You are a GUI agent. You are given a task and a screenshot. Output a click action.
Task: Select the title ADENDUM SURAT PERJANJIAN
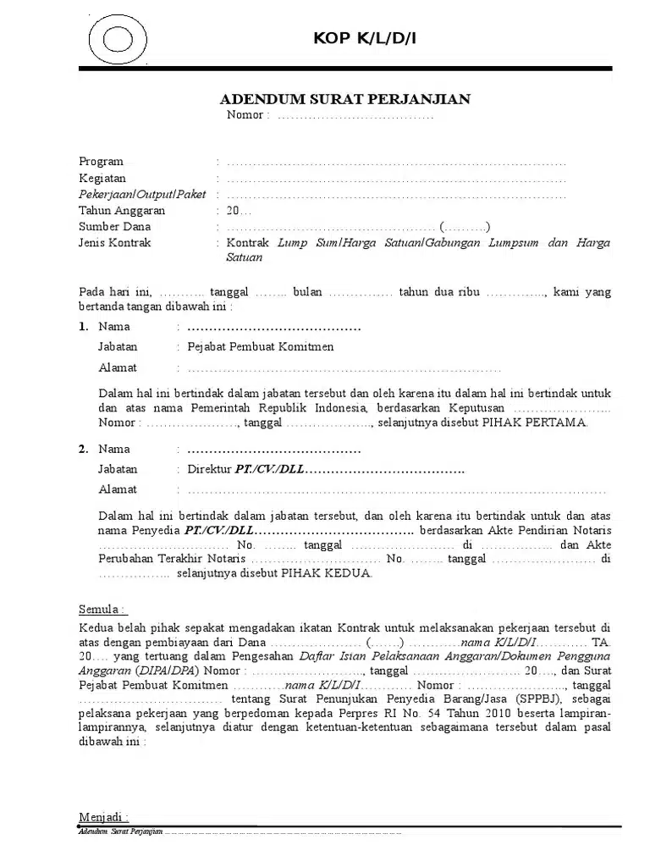click(x=345, y=100)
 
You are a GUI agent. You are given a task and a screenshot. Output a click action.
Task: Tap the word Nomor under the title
click(x=246, y=115)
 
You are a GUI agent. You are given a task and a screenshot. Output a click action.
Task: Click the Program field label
click(x=101, y=162)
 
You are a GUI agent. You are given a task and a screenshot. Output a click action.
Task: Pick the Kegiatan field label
click(x=102, y=178)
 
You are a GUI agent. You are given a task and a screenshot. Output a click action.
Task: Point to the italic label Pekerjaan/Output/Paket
click(x=136, y=194)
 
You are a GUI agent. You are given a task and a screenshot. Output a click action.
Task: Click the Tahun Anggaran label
click(x=122, y=211)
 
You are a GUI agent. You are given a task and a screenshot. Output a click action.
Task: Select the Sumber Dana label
click(x=114, y=227)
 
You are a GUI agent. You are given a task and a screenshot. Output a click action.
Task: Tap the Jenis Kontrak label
click(x=115, y=243)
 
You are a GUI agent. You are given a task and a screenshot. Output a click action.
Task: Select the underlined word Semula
click(x=102, y=610)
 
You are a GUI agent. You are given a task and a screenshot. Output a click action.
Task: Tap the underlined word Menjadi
click(x=103, y=816)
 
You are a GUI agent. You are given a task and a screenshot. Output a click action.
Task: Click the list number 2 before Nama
click(x=83, y=450)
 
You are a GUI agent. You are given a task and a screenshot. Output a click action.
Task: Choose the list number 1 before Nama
click(x=83, y=327)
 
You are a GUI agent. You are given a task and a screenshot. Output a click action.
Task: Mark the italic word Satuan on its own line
click(x=245, y=259)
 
